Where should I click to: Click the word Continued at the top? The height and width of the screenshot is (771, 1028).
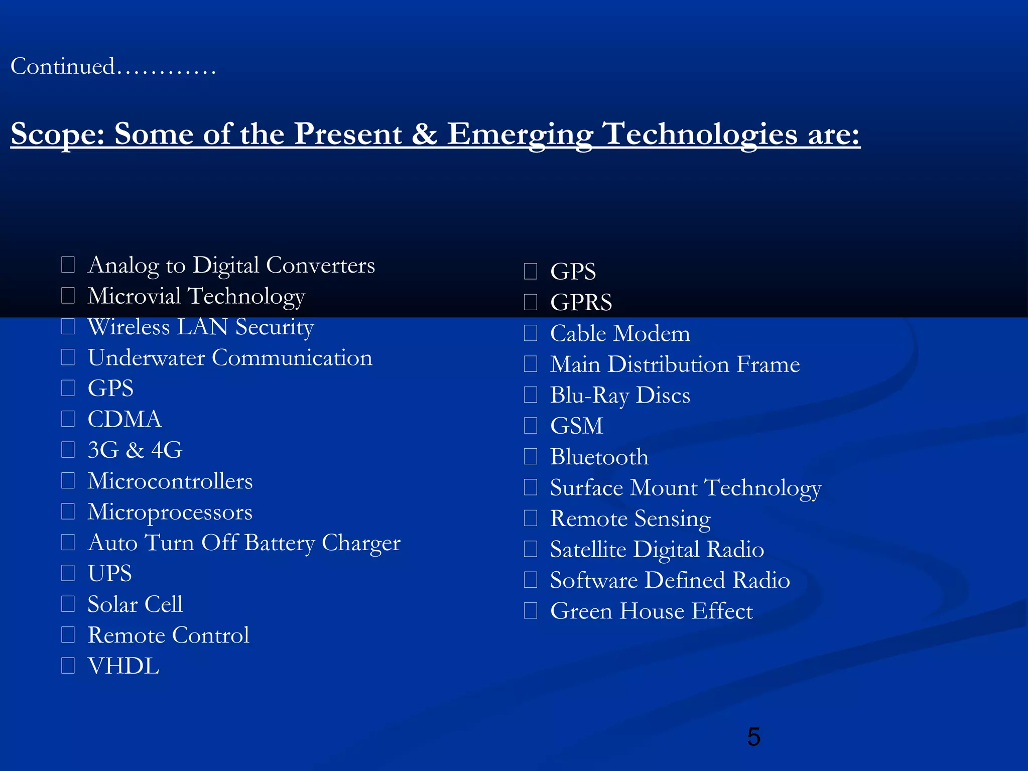[63, 66]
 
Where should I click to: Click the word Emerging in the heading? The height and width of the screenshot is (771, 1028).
[520, 135]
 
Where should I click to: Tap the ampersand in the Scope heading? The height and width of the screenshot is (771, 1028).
[424, 135]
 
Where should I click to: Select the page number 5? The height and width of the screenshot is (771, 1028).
[753, 737]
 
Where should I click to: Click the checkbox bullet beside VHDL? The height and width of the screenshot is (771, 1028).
[68, 666]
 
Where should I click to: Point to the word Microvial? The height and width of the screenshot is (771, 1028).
[134, 296]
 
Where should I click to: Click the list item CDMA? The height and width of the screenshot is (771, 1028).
[124, 419]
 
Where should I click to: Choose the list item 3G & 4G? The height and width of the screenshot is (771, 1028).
[135, 450]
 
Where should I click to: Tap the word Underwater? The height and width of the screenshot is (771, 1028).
[146, 358]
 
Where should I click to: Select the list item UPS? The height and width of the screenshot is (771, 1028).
[109, 573]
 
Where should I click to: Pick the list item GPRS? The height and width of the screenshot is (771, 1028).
[581, 303]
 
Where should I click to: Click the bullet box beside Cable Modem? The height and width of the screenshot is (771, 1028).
[531, 333]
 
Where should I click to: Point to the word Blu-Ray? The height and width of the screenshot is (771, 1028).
[589, 396]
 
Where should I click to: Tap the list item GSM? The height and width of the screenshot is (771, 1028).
[576, 426]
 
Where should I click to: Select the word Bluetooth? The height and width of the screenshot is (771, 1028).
[599, 457]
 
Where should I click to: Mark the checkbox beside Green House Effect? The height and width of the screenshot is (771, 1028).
[531, 611]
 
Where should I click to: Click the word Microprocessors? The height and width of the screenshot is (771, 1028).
[170, 512]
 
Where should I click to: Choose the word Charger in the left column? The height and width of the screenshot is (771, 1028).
[361, 543]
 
